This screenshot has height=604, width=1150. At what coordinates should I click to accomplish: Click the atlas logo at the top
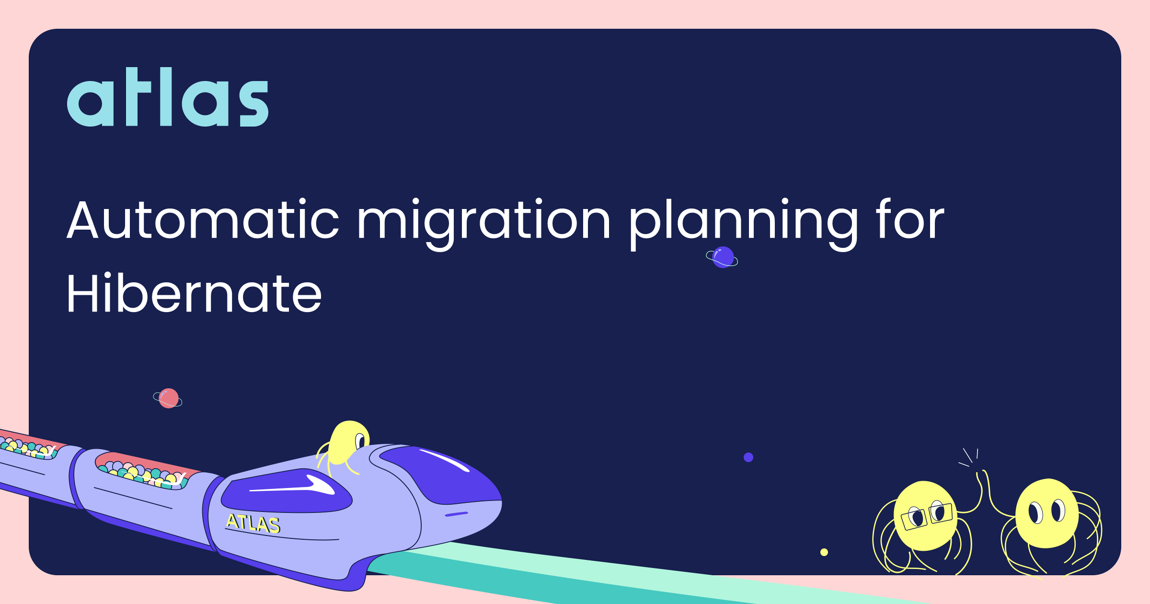click(x=168, y=97)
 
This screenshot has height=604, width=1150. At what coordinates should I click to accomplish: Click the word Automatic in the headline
click(x=203, y=220)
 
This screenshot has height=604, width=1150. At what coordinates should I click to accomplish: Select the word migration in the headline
click(x=484, y=223)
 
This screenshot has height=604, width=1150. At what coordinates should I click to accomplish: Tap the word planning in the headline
click(x=743, y=223)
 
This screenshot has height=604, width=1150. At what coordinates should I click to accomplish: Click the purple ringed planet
click(x=722, y=257)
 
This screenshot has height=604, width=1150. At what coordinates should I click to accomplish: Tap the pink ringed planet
click(x=168, y=398)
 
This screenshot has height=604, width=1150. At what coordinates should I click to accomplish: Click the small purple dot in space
click(x=748, y=457)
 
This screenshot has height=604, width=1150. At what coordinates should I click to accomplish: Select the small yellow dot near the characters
click(x=824, y=552)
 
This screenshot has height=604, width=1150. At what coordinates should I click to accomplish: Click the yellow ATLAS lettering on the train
click(x=253, y=523)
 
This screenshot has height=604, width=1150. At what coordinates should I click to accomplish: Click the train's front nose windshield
click(x=438, y=475)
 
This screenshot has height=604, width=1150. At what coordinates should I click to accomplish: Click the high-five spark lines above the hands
click(x=969, y=457)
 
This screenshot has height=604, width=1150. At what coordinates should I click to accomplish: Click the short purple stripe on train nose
click(x=457, y=514)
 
